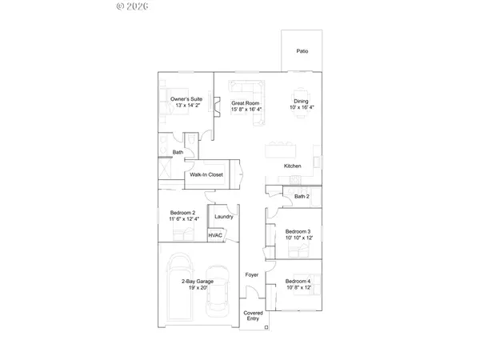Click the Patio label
click(x=302, y=51)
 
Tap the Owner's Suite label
click(x=186, y=98)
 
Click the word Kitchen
click(x=293, y=166)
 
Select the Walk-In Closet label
click(x=206, y=174)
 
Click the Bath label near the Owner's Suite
click(x=178, y=151)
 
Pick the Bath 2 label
click(x=302, y=196)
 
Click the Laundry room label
click(x=223, y=215)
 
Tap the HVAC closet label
click(x=216, y=235)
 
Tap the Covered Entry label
click(x=253, y=315)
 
